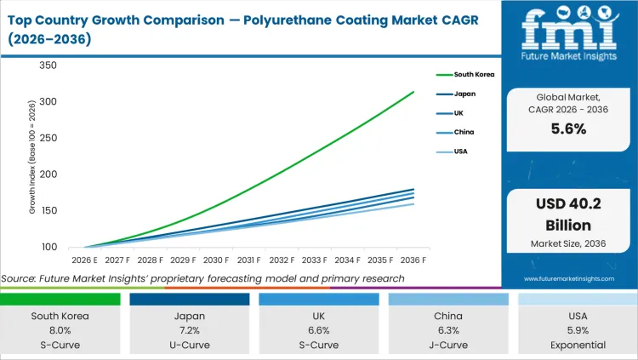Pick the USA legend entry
point(461,151)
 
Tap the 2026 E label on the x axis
point(83,260)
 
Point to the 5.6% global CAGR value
point(568,129)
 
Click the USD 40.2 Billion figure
point(568,216)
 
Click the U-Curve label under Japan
point(191,345)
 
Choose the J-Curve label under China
point(447,345)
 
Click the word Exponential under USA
point(577,345)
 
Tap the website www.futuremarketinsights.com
point(568,278)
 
